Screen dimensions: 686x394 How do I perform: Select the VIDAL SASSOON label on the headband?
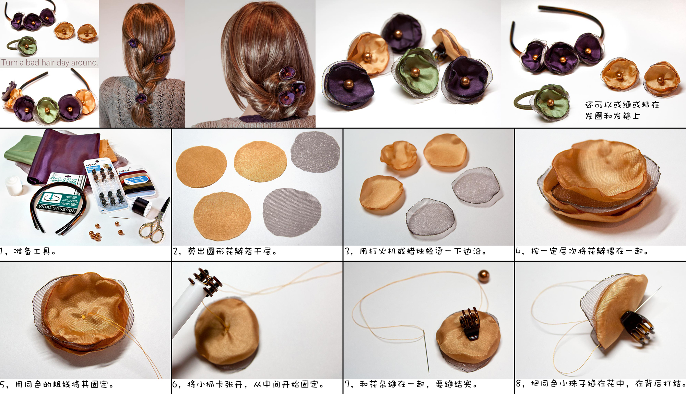(57, 208)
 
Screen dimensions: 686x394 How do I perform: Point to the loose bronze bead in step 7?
(484, 276)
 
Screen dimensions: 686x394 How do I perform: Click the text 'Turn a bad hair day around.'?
(50, 62)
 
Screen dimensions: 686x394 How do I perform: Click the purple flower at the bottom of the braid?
(141, 99)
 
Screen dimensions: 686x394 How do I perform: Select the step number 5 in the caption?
(3, 384)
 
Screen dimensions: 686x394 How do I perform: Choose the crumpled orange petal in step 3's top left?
(399, 155)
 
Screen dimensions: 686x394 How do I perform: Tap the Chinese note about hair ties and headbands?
(622, 110)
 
